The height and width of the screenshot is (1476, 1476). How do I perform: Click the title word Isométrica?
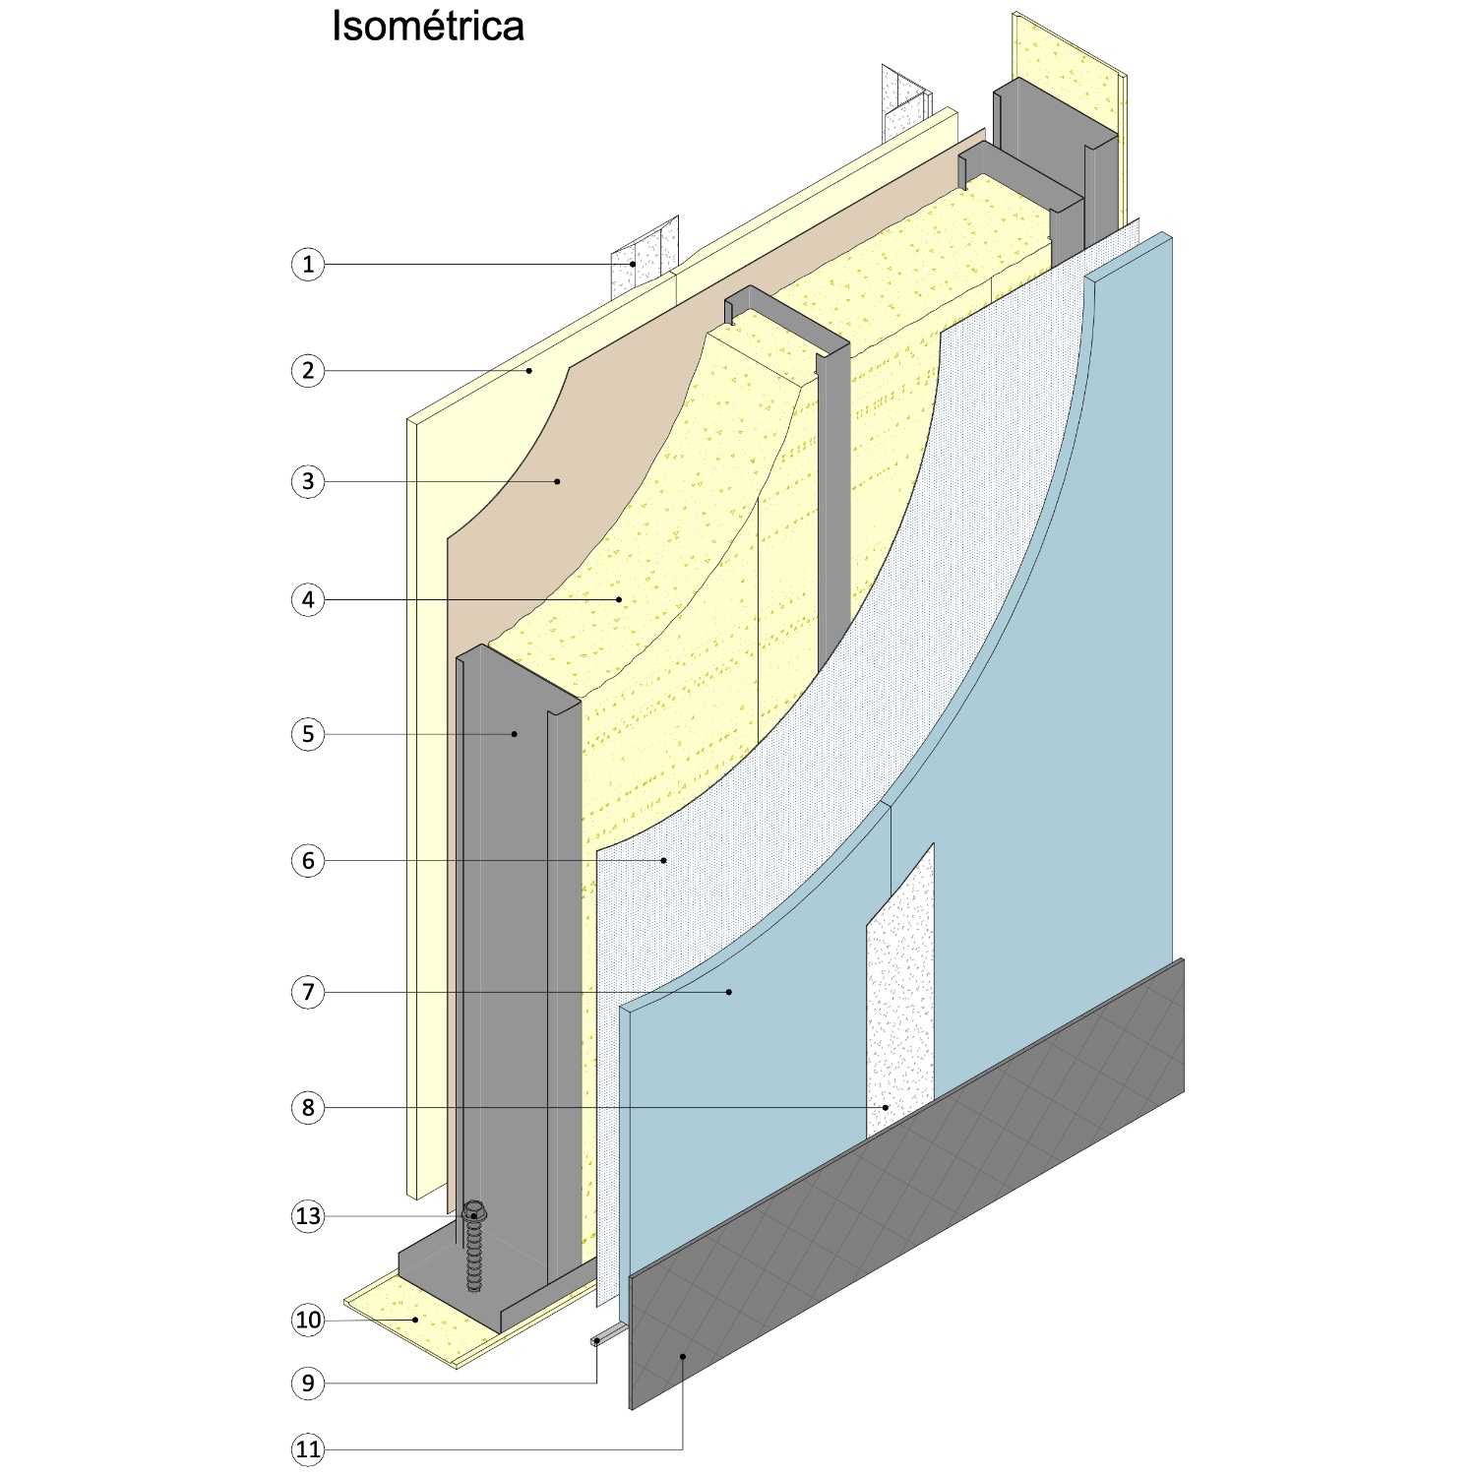pos(428,27)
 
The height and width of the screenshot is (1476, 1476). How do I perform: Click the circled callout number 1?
pos(308,264)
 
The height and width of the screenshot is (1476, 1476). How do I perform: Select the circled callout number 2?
pos(308,371)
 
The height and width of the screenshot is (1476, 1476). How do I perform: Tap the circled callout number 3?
pos(308,481)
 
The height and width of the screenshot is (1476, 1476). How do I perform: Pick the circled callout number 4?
pos(308,599)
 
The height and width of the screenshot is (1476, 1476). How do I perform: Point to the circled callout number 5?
pos(308,734)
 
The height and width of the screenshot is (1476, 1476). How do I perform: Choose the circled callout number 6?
pos(308,861)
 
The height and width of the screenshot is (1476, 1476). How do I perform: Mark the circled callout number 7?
pos(308,992)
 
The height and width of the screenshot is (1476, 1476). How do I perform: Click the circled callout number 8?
pos(308,1108)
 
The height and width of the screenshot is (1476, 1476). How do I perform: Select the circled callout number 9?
pos(308,1384)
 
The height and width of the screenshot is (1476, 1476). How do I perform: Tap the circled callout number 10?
pos(308,1320)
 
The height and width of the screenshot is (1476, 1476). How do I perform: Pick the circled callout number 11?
pos(308,1449)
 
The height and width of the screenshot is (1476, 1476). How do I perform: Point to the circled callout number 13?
pos(308,1216)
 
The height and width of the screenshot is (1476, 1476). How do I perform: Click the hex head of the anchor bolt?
pos(475,1210)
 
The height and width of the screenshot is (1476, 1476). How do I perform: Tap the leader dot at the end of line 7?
pos(729,992)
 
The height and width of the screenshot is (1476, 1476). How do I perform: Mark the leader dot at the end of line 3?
pos(557,481)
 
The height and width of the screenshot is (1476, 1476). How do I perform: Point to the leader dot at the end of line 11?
pos(682,1357)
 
